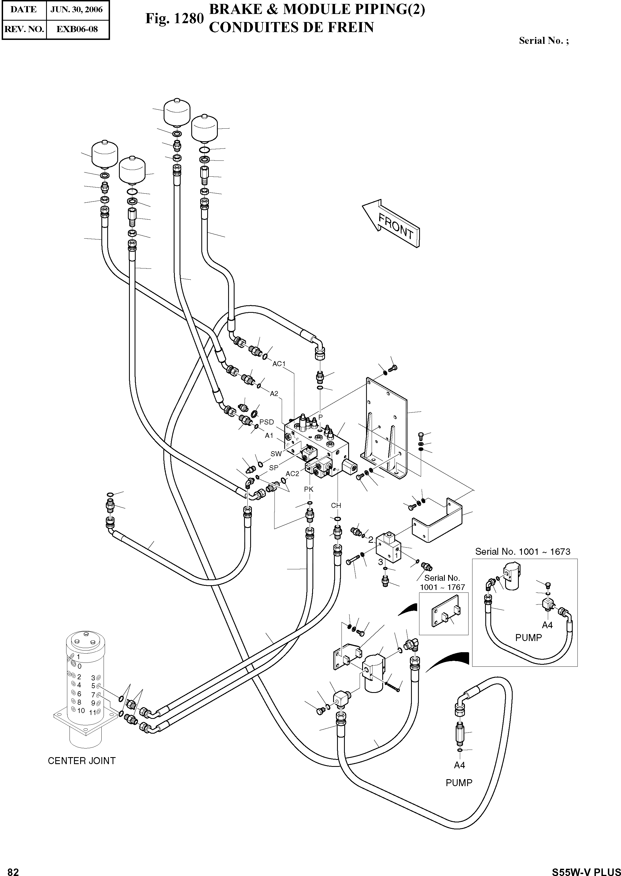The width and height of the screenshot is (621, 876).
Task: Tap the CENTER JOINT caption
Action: (x=82, y=760)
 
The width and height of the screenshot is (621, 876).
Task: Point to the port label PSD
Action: (x=267, y=422)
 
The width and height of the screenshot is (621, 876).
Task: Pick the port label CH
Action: (x=336, y=505)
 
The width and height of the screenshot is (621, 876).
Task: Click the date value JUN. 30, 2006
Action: (x=77, y=9)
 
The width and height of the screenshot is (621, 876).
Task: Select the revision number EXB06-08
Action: (x=77, y=29)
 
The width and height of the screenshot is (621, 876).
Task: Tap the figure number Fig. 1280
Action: (x=174, y=18)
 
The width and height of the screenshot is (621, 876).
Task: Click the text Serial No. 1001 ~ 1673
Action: (x=523, y=551)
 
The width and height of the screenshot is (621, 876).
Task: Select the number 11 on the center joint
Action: (x=92, y=712)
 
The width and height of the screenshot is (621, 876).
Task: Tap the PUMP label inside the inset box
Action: (x=529, y=637)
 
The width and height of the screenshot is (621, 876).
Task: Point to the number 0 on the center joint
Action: (x=79, y=666)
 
